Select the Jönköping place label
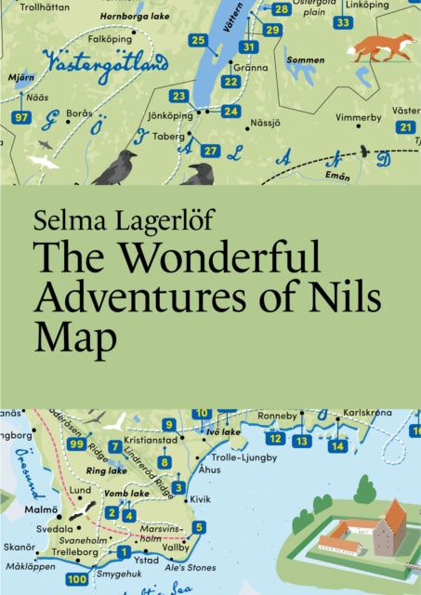click(x=170, y=115)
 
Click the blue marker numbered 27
click(x=211, y=150)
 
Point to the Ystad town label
click(x=149, y=560)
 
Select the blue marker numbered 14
click(x=337, y=445)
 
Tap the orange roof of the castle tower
click(x=395, y=514)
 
